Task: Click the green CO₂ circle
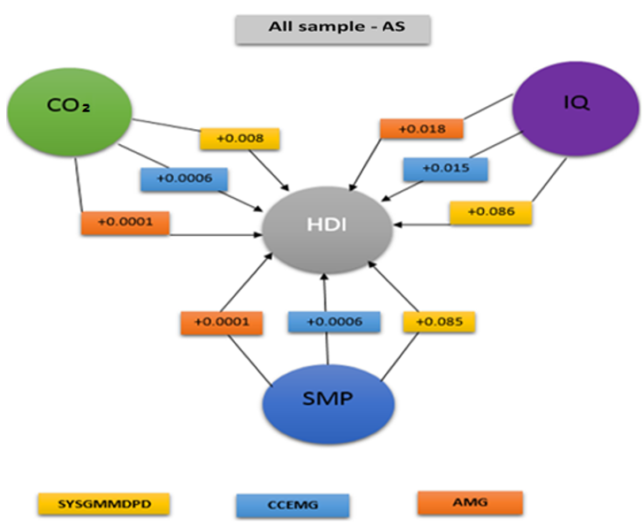pos(69,109)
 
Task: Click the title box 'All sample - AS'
pos(332,27)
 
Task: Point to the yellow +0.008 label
pos(239,138)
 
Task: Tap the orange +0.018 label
pos(422,129)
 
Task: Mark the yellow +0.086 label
pos(490,212)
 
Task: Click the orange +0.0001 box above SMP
pos(222,323)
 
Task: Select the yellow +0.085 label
pos(439,321)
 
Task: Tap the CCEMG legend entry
pos(292,505)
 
